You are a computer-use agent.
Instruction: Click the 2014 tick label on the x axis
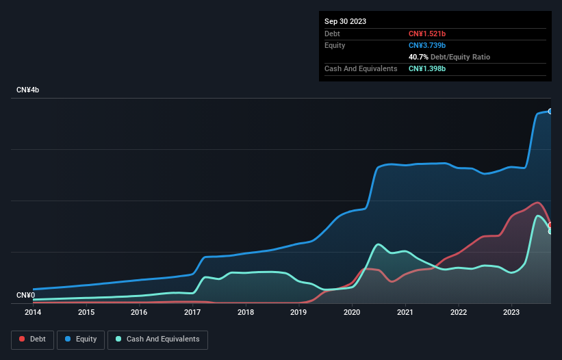(x=33, y=313)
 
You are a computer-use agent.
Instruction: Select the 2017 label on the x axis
(x=192, y=313)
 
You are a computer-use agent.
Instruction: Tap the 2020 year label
(x=352, y=313)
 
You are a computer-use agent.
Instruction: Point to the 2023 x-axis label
(x=511, y=313)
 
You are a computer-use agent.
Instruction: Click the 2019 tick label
(x=298, y=313)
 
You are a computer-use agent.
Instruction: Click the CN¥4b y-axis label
(x=28, y=90)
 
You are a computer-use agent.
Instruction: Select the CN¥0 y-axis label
(x=26, y=296)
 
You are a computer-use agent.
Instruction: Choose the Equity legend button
(x=80, y=339)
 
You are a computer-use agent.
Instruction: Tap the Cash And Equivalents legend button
(x=157, y=339)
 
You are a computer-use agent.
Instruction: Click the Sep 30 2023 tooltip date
(x=345, y=21)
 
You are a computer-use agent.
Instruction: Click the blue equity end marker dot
(x=550, y=111)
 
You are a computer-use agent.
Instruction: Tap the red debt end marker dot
(x=550, y=225)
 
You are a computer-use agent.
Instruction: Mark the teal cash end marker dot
(x=550, y=231)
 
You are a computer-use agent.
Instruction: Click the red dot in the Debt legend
(x=23, y=339)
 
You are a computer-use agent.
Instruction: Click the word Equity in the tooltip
(x=335, y=45)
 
